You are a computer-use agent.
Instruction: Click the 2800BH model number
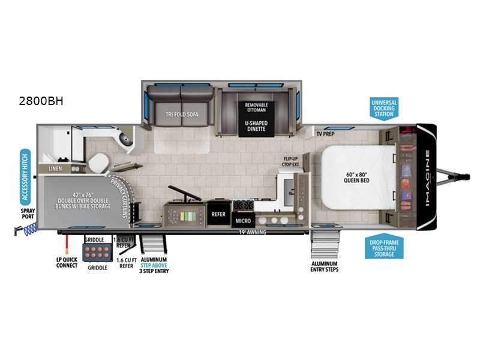point(41,101)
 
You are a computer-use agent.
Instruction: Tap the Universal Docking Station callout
point(384,108)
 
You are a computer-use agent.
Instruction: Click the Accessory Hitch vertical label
point(26,175)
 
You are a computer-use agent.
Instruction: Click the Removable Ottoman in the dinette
point(256,107)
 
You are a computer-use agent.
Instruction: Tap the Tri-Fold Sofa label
point(178,113)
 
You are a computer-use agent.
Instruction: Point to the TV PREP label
point(325,134)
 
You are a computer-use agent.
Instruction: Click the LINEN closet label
point(54,169)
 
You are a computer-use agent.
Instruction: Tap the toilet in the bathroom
point(98,163)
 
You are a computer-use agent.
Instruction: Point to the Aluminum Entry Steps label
point(325,266)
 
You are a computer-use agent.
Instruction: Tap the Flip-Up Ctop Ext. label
point(291,162)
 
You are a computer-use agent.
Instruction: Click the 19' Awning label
point(250,232)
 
